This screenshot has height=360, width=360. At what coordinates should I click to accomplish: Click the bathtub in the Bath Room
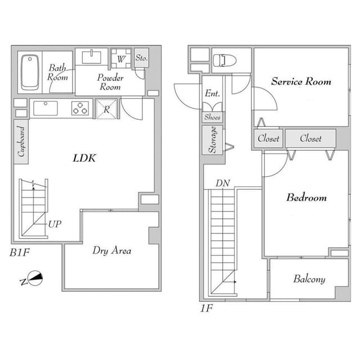coord(30,73)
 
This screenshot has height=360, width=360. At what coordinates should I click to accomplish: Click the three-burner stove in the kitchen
coord(80,109)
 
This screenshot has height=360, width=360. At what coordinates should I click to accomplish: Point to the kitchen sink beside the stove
coord(46,108)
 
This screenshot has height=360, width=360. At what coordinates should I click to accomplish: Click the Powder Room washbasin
coord(92,57)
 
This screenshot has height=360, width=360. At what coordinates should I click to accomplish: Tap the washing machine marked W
coord(121,58)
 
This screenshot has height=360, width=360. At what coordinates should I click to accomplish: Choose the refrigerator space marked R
coord(106,109)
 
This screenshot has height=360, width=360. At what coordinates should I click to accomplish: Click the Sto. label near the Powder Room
coord(141,57)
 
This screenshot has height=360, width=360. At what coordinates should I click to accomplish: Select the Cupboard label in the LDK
coord(21,141)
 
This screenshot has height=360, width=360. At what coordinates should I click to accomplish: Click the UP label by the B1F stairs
coord(55,224)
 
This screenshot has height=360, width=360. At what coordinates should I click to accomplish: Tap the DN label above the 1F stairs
coord(223,183)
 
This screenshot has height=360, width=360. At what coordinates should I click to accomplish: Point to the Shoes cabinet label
coord(212,117)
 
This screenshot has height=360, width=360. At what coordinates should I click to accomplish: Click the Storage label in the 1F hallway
coord(213,139)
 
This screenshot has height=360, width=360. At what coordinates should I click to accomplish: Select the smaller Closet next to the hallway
coord(268,138)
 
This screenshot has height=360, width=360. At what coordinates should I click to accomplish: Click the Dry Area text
coord(112,250)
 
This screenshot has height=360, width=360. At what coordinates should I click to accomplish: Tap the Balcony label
coord(309,279)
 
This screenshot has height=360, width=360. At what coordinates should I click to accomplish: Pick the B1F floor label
coord(20,253)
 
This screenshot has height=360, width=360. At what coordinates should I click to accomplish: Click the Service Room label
coord(301,82)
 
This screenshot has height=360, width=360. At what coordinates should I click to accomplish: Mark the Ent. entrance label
coord(213,93)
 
